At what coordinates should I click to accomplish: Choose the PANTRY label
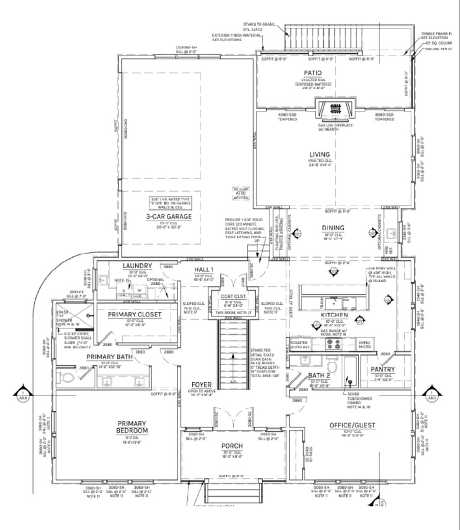pos(383,369)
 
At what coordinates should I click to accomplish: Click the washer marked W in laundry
pos(140,291)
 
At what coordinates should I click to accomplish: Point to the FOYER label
pos(203,385)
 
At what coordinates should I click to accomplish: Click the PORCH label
pos(232,445)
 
